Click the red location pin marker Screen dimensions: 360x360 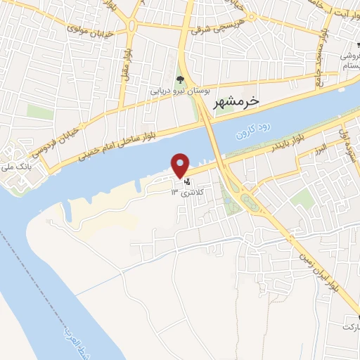181,165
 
